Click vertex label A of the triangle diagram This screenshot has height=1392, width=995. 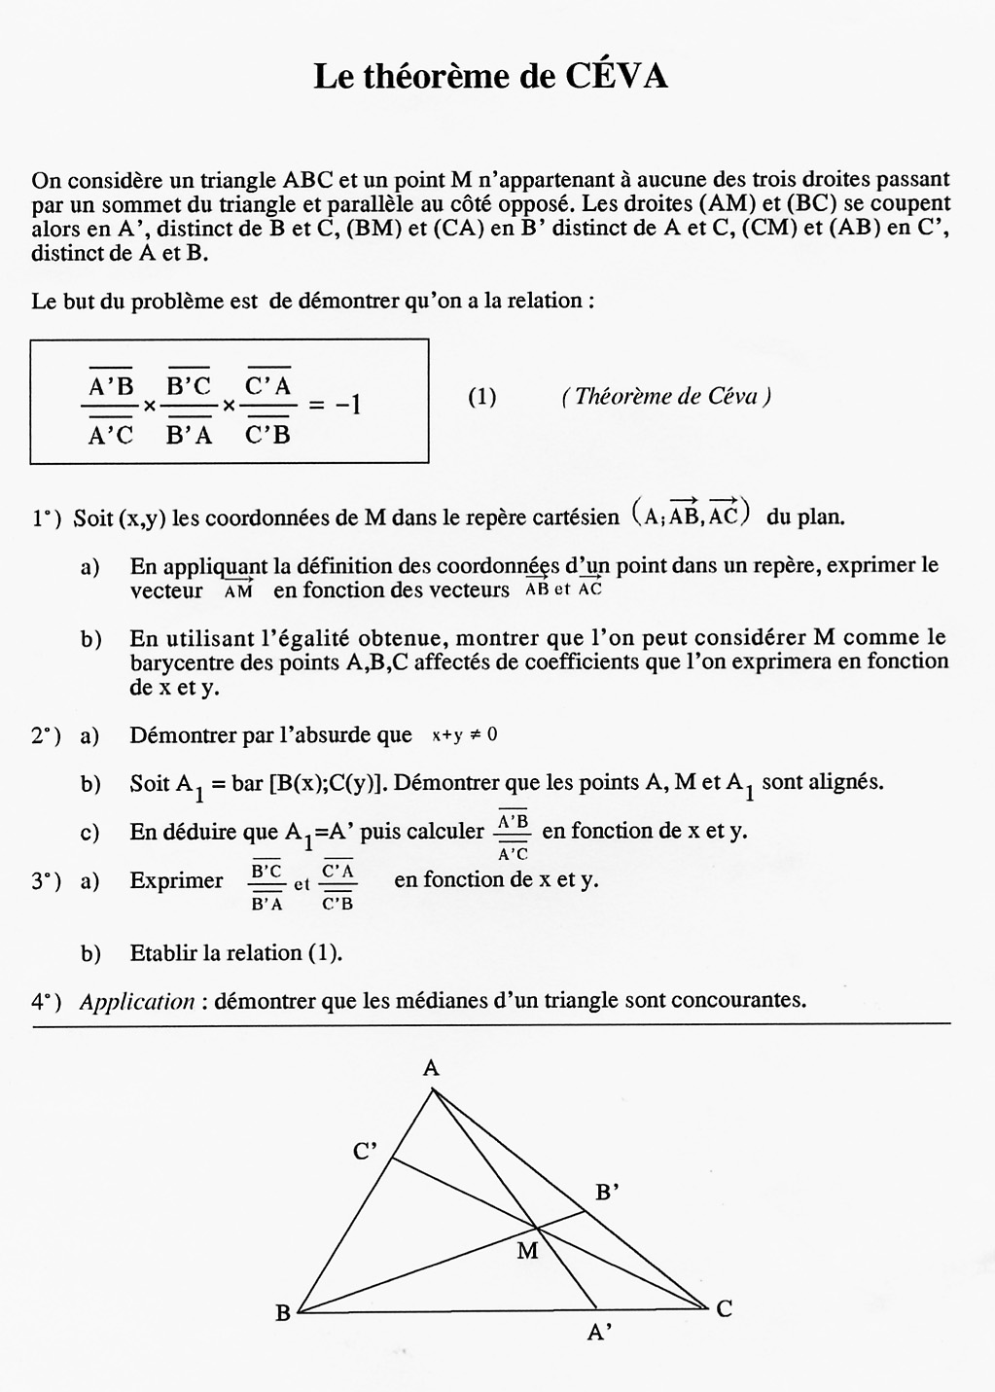point(432,1068)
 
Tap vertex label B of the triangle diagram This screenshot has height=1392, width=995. point(283,1313)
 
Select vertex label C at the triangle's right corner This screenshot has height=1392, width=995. point(724,1309)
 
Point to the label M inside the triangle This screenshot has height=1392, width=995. point(527,1251)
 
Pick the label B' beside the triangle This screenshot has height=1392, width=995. point(607,1192)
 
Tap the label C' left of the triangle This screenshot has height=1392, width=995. point(365,1153)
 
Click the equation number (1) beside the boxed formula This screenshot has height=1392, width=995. point(481,397)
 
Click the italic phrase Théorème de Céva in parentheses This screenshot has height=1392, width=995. point(666,397)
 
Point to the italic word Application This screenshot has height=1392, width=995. point(137,1001)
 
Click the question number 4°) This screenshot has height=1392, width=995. point(46,1001)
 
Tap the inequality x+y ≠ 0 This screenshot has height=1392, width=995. point(464,735)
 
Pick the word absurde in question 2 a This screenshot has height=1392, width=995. point(367,735)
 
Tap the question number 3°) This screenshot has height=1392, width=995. point(46,880)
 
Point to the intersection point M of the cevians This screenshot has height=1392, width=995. point(537,1228)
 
